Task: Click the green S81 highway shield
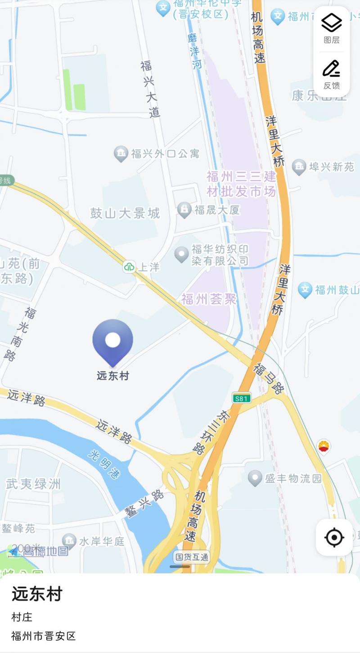[x=242, y=398]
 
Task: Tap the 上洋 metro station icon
[x=130, y=267]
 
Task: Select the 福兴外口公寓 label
[x=165, y=154]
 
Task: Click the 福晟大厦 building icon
[x=184, y=210]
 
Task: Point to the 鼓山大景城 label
[x=125, y=213]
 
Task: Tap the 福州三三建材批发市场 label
[x=241, y=184]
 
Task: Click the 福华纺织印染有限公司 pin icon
[x=182, y=254]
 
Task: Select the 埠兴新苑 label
[x=332, y=167]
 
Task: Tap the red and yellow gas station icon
[x=323, y=446]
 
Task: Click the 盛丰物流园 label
[x=293, y=478]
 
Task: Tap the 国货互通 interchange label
[x=192, y=557]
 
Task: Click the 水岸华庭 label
[x=102, y=541]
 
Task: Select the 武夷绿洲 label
[x=33, y=484]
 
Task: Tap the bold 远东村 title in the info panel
[x=37, y=594]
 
